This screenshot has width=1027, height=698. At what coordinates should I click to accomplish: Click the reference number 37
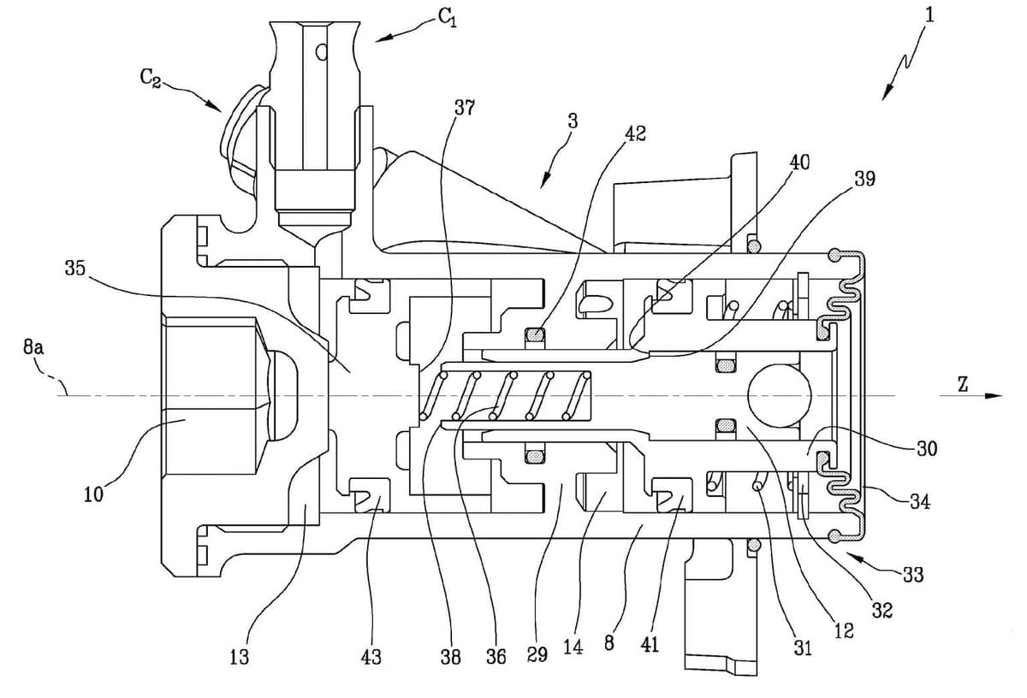(465, 108)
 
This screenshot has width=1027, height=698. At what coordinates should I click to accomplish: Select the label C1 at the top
(447, 18)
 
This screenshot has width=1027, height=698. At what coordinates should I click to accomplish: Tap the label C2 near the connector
(151, 79)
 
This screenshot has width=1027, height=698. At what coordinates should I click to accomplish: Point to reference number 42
(635, 133)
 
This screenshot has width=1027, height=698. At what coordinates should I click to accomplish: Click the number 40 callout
(799, 162)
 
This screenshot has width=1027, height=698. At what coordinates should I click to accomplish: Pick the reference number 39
(864, 178)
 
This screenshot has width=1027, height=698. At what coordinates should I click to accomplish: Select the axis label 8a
(33, 348)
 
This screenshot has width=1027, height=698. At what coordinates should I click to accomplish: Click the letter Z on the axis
(963, 385)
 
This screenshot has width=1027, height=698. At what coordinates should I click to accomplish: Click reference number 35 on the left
(75, 268)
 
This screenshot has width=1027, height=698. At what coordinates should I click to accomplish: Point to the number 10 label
(93, 494)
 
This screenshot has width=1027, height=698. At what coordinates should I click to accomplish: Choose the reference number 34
(920, 502)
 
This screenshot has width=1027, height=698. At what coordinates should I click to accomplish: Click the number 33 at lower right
(912, 574)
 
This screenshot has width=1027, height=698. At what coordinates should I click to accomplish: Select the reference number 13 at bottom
(239, 657)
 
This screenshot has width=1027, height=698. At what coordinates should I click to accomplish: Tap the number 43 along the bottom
(371, 657)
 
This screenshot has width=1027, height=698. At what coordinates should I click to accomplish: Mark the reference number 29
(537, 654)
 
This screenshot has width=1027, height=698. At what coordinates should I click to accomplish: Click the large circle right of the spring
(779, 395)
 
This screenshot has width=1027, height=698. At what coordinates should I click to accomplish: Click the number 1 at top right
(929, 15)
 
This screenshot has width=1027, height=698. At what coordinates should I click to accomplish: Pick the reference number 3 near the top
(573, 121)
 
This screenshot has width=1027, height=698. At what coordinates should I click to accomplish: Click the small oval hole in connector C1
(323, 52)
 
